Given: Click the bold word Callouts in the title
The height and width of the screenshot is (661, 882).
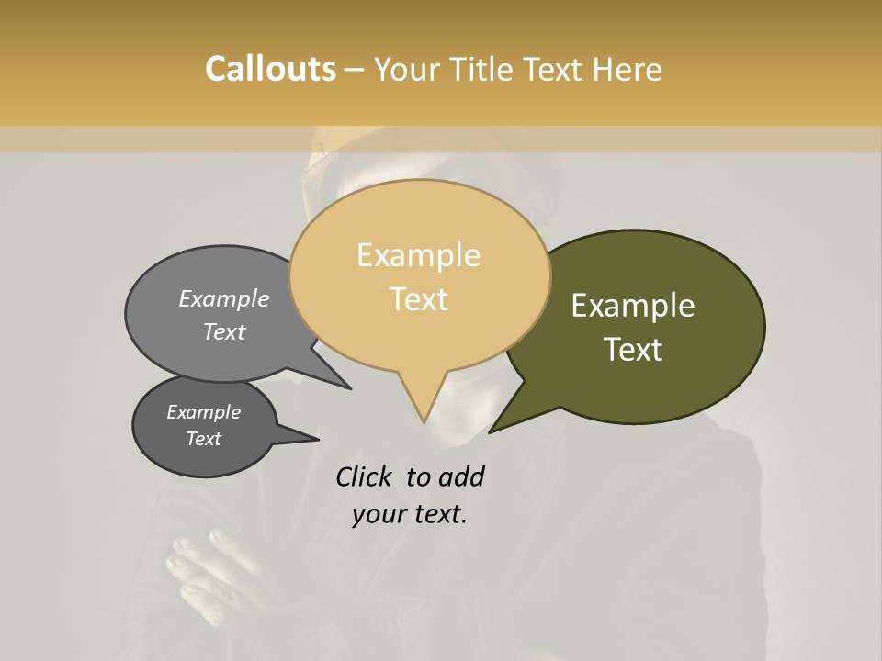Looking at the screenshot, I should pyautogui.click(x=270, y=69).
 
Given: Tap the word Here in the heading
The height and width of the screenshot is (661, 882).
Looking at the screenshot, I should pyautogui.click(x=628, y=69).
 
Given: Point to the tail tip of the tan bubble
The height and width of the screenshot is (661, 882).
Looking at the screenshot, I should pyautogui.click(x=424, y=421).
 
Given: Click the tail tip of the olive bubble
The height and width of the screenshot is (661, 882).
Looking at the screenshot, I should pyautogui.click(x=491, y=431).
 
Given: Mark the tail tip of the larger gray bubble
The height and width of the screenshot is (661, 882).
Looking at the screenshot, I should pyautogui.click(x=349, y=387).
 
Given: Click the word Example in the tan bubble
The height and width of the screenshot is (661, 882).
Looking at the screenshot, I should pyautogui.click(x=418, y=255).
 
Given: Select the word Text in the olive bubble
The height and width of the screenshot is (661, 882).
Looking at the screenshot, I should pyautogui.click(x=633, y=350).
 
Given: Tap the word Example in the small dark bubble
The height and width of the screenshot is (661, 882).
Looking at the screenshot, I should pyautogui.click(x=203, y=412).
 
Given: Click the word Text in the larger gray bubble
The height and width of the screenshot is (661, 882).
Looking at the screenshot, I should pyautogui.click(x=224, y=331).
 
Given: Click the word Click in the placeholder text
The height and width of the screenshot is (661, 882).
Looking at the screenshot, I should pyautogui.click(x=364, y=476).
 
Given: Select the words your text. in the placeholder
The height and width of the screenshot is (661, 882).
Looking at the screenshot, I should pyautogui.click(x=410, y=514).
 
